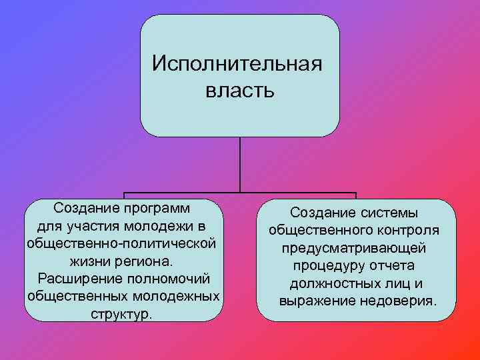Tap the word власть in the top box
point(240,89)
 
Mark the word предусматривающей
point(354,248)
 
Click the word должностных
point(335,283)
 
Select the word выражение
point(315,301)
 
